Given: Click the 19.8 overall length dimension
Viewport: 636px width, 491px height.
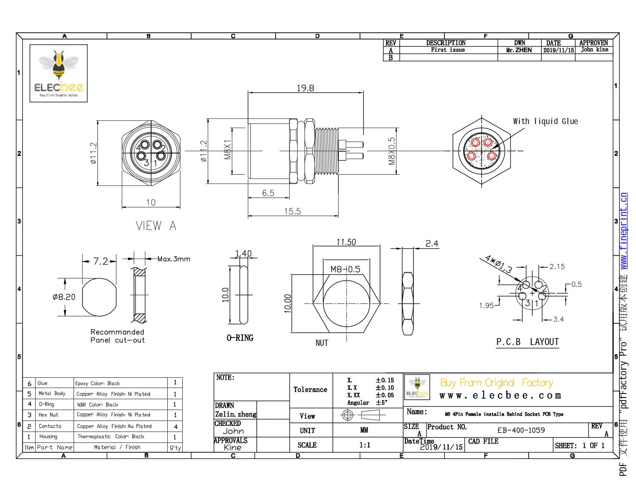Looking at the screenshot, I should pyautogui.click(x=305, y=88).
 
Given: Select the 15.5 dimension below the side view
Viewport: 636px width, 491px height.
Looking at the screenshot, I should pyautogui.click(x=292, y=211).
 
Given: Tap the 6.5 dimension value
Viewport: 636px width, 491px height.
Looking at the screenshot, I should pyautogui.click(x=268, y=193).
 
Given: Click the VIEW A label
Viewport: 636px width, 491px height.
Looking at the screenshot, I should pyautogui.click(x=156, y=226).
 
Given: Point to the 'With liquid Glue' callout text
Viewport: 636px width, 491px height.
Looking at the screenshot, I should pyautogui.click(x=545, y=121).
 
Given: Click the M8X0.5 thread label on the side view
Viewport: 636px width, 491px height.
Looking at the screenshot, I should pyautogui.click(x=392, y=151).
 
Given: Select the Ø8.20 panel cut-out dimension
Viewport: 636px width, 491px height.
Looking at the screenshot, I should pyautogui.click(x=64, y=297).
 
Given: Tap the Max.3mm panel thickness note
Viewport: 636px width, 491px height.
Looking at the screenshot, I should pyautogui.click(x=173, y=259).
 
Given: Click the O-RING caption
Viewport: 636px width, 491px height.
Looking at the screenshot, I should pyautogui.click(x=240, y=338).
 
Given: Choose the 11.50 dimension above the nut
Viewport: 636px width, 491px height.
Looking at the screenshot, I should pyautogui.click(x=346, y=242).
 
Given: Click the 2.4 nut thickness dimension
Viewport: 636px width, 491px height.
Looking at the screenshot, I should pyautogui.click(x=432, y=243).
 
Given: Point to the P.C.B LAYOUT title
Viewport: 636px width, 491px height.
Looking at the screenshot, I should pyautogui.click(x=527, y=342).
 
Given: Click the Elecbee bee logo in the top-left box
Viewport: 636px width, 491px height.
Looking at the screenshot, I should pyautogui.click(x=59, y=73).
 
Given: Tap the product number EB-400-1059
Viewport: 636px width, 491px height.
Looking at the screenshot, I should pyautogui.click(x=521, y=430).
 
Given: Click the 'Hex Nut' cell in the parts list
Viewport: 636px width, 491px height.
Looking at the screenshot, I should pyautogui.click(x=49, y=415).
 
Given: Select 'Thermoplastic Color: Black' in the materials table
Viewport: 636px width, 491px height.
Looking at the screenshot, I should pyautogui.click(x=111, y=436).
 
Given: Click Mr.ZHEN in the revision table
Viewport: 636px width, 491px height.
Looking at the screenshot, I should pyautogui.click(x=519, y=50).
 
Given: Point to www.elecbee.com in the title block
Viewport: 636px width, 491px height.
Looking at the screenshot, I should pyautogui.click(x=500, y=395).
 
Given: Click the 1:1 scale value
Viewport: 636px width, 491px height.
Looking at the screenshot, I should pyautogui.click(x=365, y=445).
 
